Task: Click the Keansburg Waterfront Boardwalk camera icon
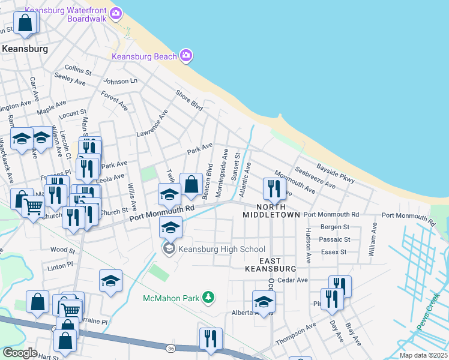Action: (116, 13)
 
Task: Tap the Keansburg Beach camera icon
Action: (186, 56)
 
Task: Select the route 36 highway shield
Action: (170, 347)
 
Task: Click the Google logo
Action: (20, 353)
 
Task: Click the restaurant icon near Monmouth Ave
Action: (274, 189)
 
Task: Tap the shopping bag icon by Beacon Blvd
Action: (191, 185)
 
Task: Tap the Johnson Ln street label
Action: (120, 81)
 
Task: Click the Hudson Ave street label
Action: (308, 246)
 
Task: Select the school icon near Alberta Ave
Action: (263, 302)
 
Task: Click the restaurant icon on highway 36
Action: (211, 339)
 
